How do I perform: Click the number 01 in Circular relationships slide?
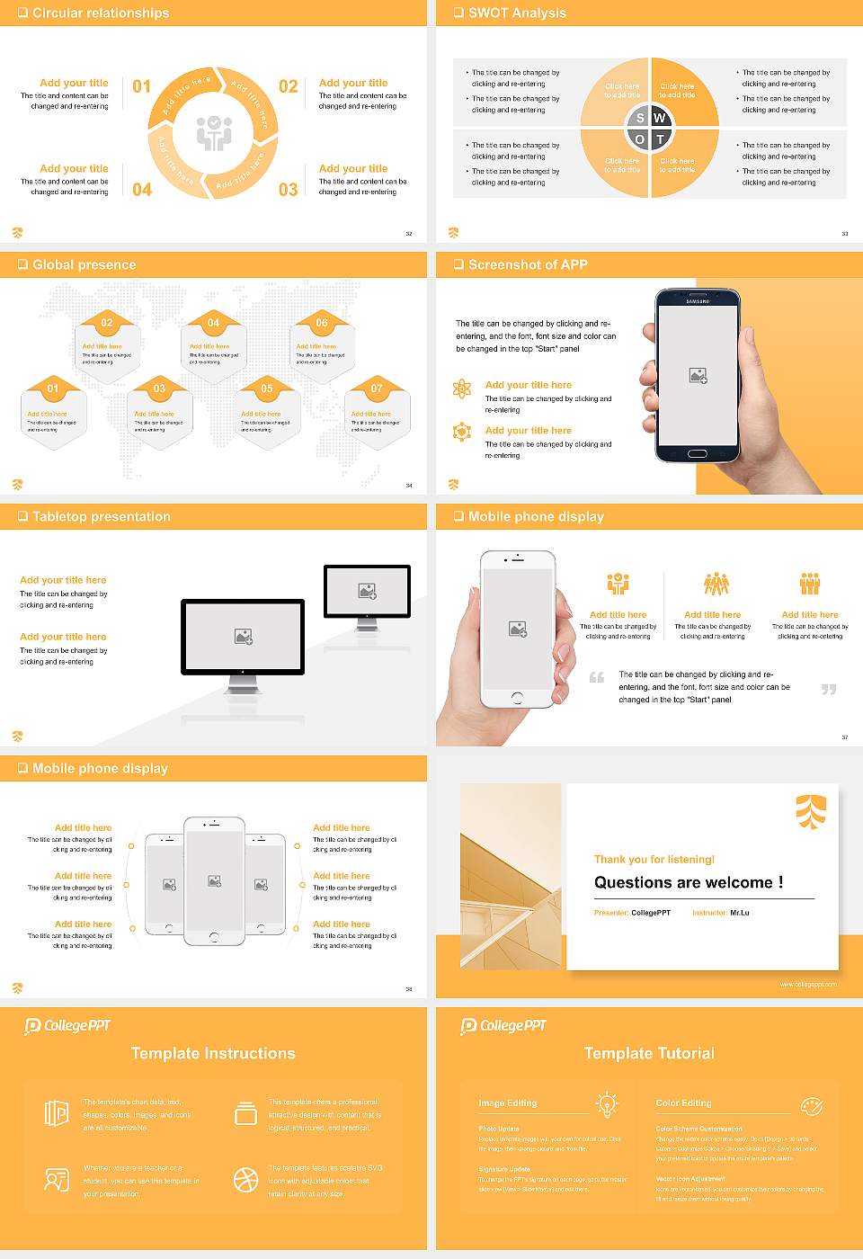142,86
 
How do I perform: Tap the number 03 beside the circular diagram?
288,190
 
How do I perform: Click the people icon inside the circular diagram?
214,133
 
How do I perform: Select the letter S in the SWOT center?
640,118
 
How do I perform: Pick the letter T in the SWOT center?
660,139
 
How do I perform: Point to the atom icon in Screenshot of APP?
462,388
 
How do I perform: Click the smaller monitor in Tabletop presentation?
367,592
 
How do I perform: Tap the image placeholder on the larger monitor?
243,636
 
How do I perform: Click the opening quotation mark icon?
597,677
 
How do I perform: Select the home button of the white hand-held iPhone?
517,698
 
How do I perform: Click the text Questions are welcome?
688,882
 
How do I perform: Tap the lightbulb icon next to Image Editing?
607,1103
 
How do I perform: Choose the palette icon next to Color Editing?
812,1105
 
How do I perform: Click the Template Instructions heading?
213,1053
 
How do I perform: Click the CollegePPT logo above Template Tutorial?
503,1025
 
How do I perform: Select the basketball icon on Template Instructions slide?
245,1179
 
